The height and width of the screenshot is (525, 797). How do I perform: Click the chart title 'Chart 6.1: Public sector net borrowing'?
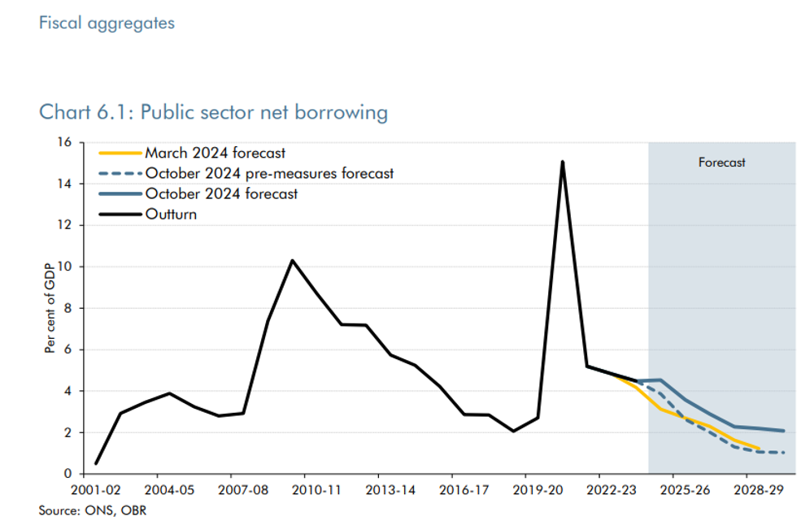(213, 112)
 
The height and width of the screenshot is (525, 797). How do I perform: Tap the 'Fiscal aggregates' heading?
(107, 23)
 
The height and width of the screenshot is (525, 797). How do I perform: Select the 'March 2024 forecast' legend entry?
(215, 153)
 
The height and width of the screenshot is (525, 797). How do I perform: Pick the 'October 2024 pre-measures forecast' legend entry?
(269, 173)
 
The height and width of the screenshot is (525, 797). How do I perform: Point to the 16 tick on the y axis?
(66, 143)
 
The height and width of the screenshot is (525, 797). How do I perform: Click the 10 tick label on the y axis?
(66, 267)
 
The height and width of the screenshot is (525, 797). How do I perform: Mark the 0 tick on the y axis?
(68, 474)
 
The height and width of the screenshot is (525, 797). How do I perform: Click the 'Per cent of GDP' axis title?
(50, 308)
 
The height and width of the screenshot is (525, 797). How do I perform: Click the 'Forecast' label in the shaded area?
(721, 163)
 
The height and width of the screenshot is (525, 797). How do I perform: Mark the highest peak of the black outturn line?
(562, 162)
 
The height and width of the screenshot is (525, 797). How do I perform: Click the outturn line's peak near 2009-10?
(292, 260)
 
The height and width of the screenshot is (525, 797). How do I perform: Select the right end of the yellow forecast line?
(760, 449)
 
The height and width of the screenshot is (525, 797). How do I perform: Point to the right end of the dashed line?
(784, 453)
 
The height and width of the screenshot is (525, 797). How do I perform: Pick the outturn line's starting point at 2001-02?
(96, 463)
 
